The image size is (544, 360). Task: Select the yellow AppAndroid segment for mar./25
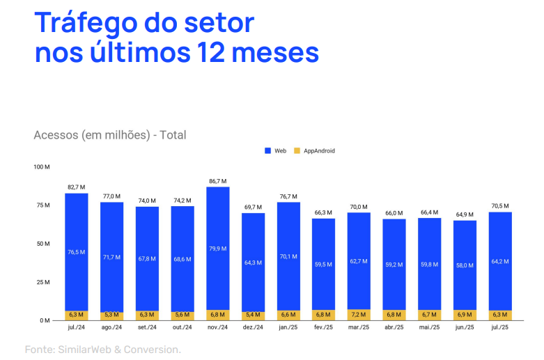click(359, 315)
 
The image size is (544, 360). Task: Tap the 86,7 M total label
click(217, 181)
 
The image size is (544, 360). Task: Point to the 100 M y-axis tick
click(42, 167)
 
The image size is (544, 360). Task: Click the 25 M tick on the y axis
click(43, 282)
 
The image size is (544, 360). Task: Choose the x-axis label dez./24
click(253, 327)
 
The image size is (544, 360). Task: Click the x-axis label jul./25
click(500, 327)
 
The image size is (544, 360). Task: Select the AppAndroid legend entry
click(314, 150)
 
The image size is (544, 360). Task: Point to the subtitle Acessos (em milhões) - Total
click(110, 135)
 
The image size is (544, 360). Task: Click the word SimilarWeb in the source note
click(85, 349)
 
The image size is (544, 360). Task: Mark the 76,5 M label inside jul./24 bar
click(77, 252)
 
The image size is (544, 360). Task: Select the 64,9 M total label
click(465, 214)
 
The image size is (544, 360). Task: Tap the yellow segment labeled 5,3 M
click(111, 315)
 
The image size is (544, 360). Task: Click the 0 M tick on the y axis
click(45, 320)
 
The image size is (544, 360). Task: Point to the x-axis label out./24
click(182, 327)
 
